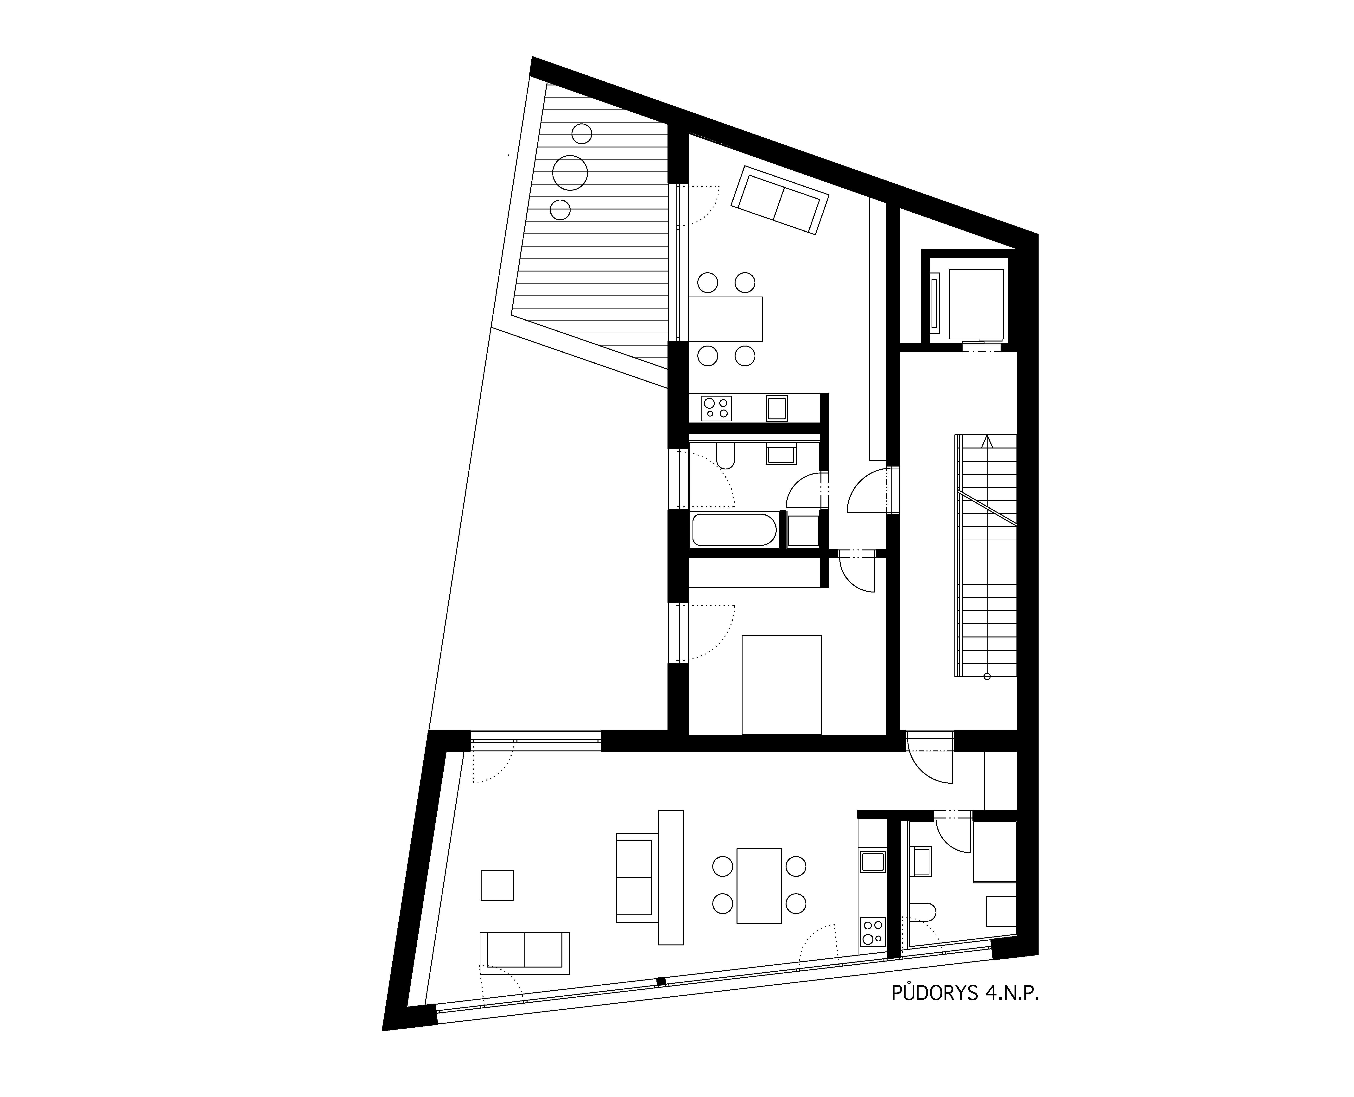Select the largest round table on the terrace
(570, 172)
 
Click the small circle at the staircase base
(987, 677)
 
